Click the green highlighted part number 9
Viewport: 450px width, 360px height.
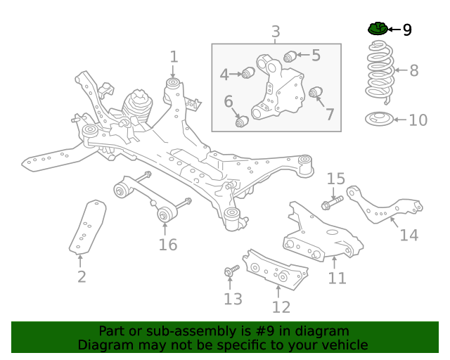[x=378, y=29]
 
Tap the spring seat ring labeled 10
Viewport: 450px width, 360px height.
[x=380, y=120]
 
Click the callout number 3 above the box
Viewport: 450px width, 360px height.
[x=276, y=32]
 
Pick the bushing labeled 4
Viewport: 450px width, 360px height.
[x=247, y=72]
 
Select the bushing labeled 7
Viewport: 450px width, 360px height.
[x=315, y=92]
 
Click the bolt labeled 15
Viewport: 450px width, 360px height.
[x=331, y=204]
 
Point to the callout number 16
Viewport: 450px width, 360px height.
[x=167, y=245]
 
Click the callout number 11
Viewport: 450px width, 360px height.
[x=337, y=278]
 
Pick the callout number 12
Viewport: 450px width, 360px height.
[x=281, y=307]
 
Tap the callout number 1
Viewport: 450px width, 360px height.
[x=174, y=57]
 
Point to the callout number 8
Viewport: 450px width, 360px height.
[x=413, y=70]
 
